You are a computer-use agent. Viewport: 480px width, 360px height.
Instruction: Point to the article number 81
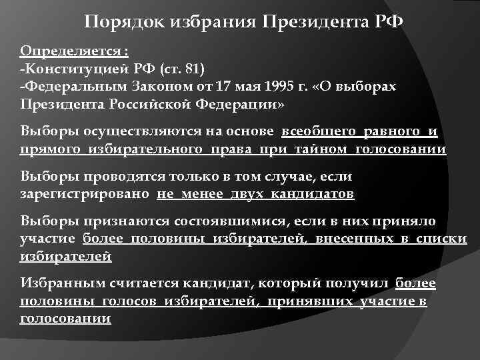pos(197,68)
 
